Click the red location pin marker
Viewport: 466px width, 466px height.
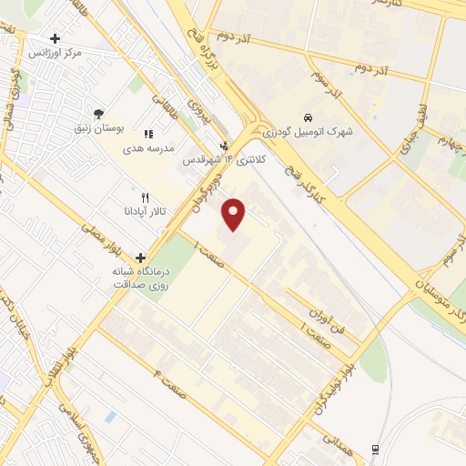[235, 213]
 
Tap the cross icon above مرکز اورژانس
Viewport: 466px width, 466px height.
[56, 39]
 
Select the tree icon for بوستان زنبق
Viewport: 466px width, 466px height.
[97, 113]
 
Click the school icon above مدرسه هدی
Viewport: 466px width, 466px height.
[148, 133]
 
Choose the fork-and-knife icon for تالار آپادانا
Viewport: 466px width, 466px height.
[144, 198]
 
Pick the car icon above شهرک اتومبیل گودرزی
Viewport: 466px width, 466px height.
[308, 117]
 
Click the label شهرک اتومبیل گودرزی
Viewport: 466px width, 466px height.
[311, 132]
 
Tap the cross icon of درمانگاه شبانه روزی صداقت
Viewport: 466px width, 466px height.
[140, 258]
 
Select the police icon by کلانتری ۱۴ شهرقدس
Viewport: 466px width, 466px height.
[226, 145]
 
